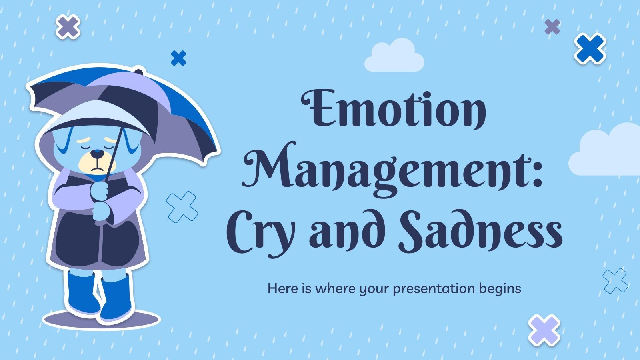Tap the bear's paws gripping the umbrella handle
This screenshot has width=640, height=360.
click(100, 200)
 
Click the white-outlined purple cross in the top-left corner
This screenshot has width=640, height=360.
click(68, 27)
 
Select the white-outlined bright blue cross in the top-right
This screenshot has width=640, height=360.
click(590, 48)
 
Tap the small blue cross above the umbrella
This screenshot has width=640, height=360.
click(178, 58)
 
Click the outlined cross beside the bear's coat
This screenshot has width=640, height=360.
click(182, 207)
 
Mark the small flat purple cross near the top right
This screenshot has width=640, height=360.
click(552, 27)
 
